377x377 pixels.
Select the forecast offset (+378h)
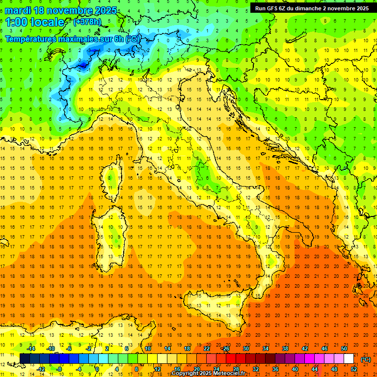(x=88, y=22)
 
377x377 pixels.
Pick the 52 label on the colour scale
(x=354, y=369)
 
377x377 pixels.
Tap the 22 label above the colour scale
(x=207, y=349)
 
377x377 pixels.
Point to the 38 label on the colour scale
(x=285, y=349)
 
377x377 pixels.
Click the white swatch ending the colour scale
(x=349, y=358)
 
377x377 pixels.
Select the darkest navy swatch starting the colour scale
(x=25, y=358)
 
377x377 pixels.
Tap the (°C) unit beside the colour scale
(x=366, y=359)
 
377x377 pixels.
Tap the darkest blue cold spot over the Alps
(x=82, y=64)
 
